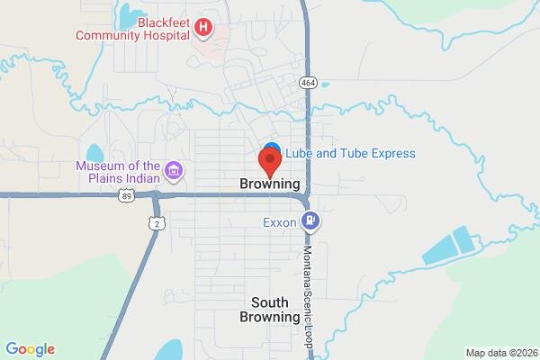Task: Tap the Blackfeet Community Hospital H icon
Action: [203, 29]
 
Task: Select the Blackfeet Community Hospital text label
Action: [133, 29]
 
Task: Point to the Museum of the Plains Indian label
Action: [117, 171]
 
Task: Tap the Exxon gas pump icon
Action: [311, 220]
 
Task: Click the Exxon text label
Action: [279, 222]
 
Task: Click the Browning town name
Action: [270, 184]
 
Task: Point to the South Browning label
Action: [270, 310]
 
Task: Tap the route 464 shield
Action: [307, 82]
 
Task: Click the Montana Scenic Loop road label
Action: [307, 287]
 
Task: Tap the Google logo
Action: [30, 349]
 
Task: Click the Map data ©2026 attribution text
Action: [499, 352]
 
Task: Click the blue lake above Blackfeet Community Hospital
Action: [129, 15]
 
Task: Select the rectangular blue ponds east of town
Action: [451, 246]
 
